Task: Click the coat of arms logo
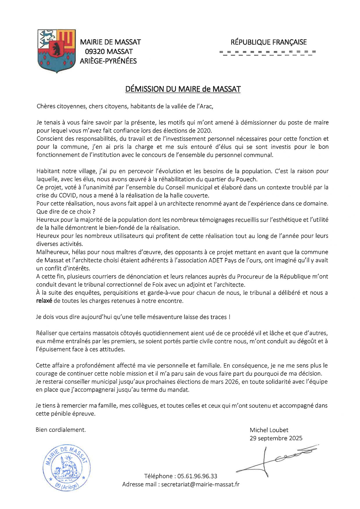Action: [56, 51]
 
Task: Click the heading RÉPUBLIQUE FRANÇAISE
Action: [268, 42]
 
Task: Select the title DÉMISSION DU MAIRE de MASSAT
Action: [183, 89]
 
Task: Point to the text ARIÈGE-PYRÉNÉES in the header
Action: [108, 61]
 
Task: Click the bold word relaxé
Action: [44, 301]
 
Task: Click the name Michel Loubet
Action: [269, 430]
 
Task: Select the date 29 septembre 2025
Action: [276, 438]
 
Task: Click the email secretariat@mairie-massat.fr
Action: [200, 484]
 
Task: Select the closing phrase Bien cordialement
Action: [61, 430]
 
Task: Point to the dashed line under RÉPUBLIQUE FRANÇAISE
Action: [268, 53]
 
